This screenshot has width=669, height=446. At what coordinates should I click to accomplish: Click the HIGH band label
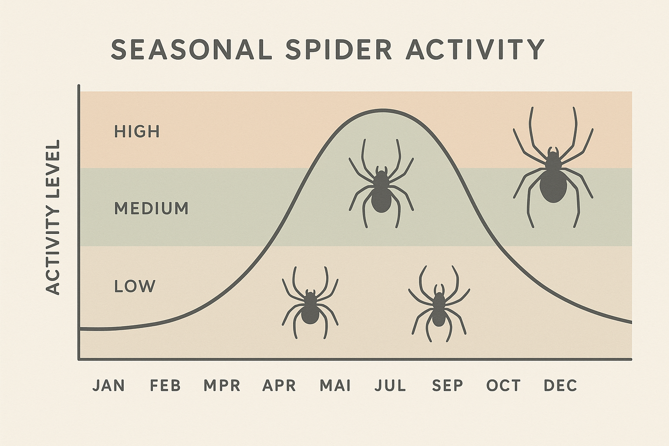[x=137, y=131]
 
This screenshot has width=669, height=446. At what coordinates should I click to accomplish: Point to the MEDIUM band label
[x=151, y=209]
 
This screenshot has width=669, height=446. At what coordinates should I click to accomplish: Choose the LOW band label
[x=135, y=286]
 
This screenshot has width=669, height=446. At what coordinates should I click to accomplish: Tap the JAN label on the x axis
[x=109, y=385]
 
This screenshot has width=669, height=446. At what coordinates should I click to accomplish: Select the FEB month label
[x=166, y=385]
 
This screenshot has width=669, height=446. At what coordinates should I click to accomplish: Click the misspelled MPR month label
[x=222, y=385]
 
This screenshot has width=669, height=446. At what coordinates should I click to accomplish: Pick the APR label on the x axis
[x=279, y=385]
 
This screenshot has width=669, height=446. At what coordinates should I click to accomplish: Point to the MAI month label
[x=335, y=385]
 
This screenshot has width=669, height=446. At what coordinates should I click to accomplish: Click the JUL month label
[x=390, y=385]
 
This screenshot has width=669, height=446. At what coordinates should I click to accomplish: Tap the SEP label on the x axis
[x=448, y=385]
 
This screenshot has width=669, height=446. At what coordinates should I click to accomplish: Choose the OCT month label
[x=503, y=385]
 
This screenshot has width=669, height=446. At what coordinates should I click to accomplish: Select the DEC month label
[x=561, y=385]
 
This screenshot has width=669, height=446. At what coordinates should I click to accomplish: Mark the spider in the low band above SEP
[x=439, y=307]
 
